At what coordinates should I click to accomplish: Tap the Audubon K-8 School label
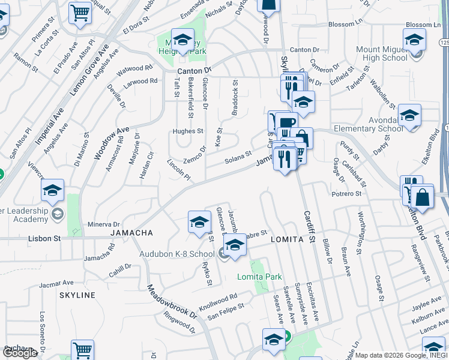pos(177,254)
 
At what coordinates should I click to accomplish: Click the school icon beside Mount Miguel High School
pos(414,41)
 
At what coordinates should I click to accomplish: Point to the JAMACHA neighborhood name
pos(131,232)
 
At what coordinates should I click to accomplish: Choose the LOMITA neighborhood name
pos(287,239)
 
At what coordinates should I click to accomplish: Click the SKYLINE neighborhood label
pos(77,295)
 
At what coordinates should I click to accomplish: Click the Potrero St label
pos(346,194)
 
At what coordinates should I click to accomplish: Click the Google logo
pos(19,353)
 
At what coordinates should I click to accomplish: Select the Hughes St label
pos(188,131)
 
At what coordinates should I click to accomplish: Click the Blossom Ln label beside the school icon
pos(423,25)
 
